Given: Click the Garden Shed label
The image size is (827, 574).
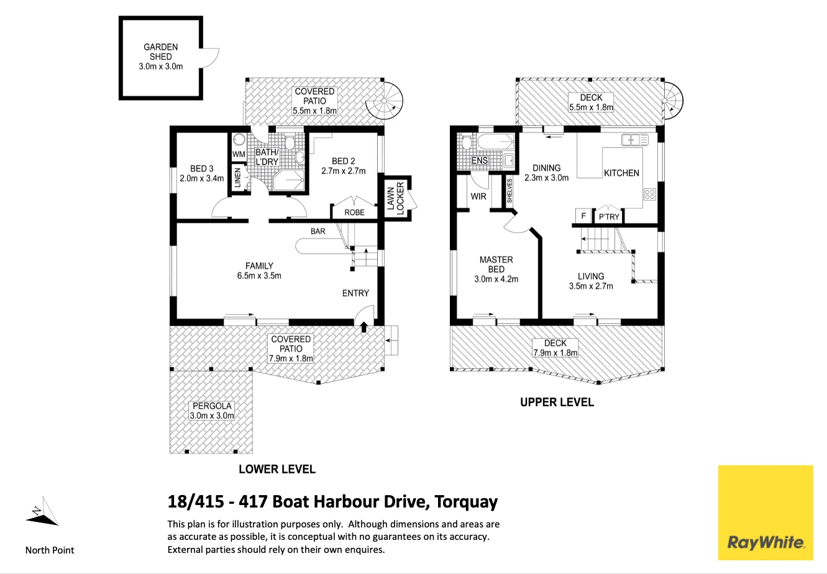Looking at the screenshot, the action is (x=160, y=57).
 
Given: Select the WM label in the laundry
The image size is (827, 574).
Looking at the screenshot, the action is (x=239, y=154).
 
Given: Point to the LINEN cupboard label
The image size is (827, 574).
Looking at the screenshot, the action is (x=237, y=178).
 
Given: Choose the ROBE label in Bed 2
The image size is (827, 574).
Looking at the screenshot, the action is (x=354, y=212).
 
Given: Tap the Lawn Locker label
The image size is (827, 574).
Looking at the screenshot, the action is (x=395, y=198).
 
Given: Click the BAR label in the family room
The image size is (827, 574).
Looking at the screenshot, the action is (x=318, y=232).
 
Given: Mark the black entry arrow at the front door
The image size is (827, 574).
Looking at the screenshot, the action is (x=363, y=327).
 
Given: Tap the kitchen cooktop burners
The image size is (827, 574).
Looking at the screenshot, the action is (x=649, y=194).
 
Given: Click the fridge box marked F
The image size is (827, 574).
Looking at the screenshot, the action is (x=583, y=216).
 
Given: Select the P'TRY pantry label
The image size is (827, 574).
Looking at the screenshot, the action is (x=608, y=217).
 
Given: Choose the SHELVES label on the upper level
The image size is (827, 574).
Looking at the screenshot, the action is (x=509, y=191).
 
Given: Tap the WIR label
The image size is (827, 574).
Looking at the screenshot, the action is (x=478, y=197).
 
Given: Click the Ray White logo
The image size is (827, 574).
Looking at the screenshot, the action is (x=765, y=512).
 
